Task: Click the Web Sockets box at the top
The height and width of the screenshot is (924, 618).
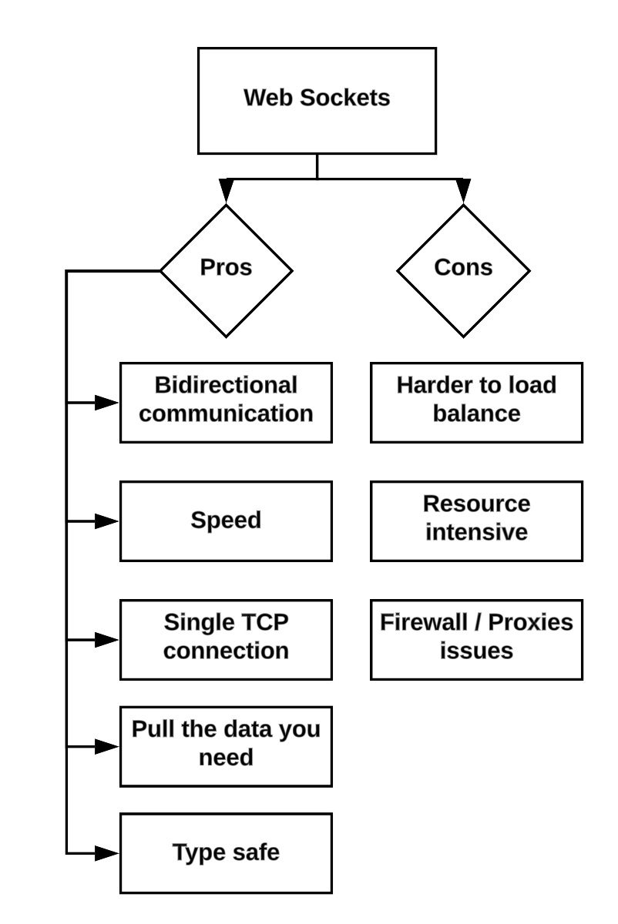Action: [x=317, y=100]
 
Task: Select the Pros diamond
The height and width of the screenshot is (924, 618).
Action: [x=226, y=270]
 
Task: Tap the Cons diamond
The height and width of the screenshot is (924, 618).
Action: [x=463, y=270]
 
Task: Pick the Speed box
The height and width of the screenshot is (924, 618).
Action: [x=226, y=521]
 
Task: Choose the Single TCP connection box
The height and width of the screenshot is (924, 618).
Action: [x=226, y=639]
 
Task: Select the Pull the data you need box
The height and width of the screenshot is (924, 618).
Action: [x=226, y=745]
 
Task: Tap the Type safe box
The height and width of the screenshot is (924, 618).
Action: [x=226, y=852]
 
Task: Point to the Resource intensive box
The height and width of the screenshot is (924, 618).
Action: [x=476, y=521]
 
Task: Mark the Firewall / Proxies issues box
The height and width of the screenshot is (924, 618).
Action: [x=476, y=639]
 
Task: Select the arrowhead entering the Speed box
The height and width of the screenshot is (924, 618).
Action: [x=106, y=521]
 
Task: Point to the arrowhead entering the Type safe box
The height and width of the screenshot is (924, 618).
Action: [x=106, y=853]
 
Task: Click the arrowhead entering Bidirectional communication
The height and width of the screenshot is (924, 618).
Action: [x=106, y=403]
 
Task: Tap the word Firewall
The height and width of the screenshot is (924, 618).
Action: [x=422, y=622]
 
